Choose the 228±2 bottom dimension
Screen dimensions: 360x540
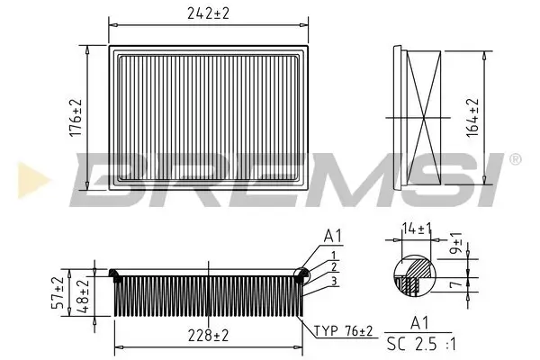[207, 336]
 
